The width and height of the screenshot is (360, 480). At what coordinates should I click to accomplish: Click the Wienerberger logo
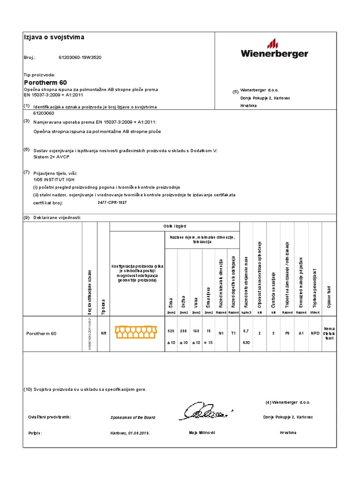(x=275, y=49)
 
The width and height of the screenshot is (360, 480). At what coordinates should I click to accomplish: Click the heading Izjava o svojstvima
(x=54, y=37)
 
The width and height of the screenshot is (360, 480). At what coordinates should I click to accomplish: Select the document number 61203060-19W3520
(x=80, y=58)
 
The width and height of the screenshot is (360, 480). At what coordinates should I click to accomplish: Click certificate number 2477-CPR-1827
(x=112, y=202)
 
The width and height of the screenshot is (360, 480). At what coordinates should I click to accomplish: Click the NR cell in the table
(x=103, y=333)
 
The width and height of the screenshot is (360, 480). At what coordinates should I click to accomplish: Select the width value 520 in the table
(x=170, y=331)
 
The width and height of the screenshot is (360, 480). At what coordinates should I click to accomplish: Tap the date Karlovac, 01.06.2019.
(x=130, y=434)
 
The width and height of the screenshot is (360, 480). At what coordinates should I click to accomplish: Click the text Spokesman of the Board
(x=133, y=417)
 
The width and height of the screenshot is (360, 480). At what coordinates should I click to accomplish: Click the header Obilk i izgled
(x=174, y=226)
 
